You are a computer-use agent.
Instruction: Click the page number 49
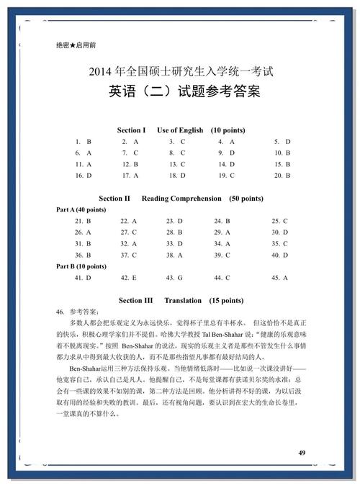point(302,452)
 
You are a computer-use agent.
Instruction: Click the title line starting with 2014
point(180,73)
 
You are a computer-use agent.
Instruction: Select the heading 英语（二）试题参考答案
point(180,94)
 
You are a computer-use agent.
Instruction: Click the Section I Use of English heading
point(179,130)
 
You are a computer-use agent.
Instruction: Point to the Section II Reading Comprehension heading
point(180,198)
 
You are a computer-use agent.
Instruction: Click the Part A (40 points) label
point(81,209)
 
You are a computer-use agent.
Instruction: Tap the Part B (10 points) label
point(81,266)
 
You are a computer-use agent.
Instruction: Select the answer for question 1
point(83,142)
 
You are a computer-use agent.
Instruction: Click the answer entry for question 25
point(279,221)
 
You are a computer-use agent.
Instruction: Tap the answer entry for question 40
point(279,255)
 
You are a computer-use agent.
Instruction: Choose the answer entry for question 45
point(279,278)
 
